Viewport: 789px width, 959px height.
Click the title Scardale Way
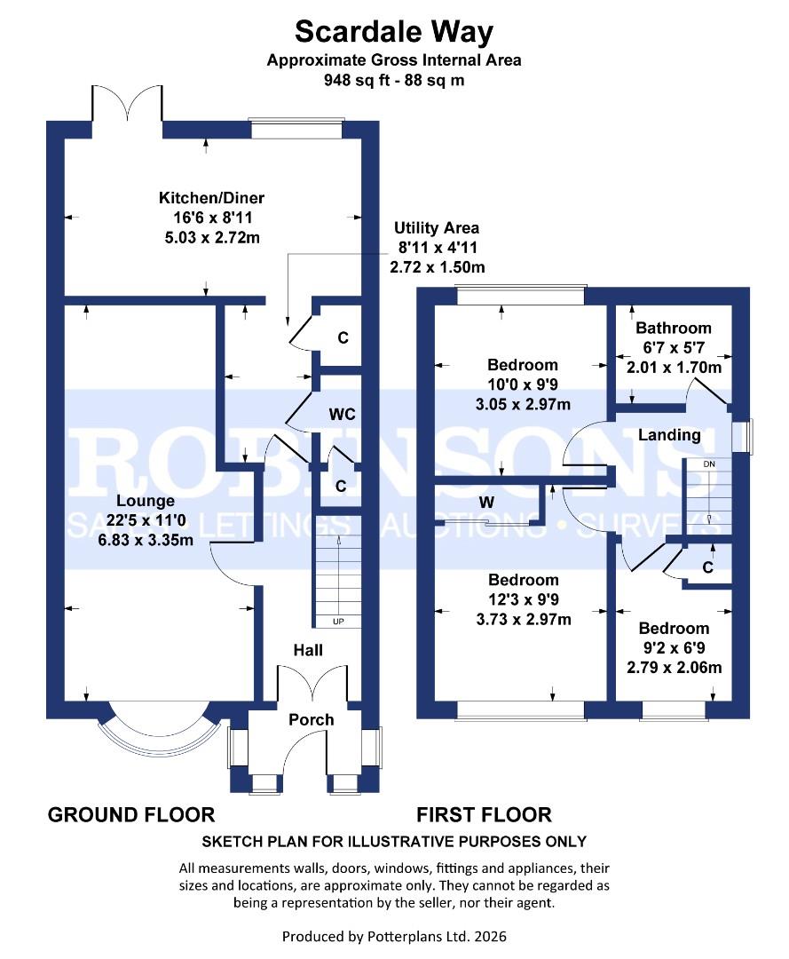coord(394,32)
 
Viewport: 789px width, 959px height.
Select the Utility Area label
coord(437,228)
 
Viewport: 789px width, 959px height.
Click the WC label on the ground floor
coord(342,415)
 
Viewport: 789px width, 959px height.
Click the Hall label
coord(308,650)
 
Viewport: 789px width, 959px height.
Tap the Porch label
coord(311,719)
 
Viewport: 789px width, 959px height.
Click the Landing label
coord(668,435)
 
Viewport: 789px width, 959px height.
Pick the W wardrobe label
coord(486,503)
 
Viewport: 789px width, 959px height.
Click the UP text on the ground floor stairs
coord(338,621)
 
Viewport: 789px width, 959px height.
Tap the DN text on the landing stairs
coord(708,464)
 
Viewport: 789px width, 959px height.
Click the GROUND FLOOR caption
coord(130,814)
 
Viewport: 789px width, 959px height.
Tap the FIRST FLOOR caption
coord(484,814)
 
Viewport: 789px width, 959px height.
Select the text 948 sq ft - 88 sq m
coord(394,80)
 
